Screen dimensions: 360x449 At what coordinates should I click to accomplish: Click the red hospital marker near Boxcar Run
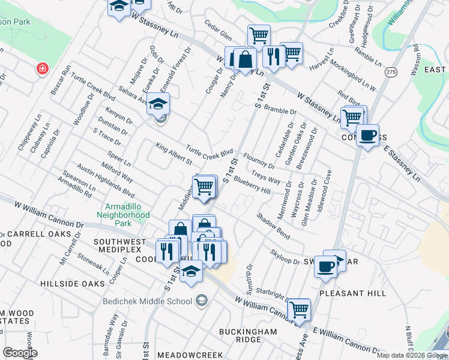point(42,68)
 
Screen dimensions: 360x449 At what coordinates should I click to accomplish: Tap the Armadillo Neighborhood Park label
point(124,214)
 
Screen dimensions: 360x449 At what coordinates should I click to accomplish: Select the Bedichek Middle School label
point(146,301)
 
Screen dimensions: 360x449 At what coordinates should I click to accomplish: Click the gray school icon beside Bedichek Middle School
point(202,301)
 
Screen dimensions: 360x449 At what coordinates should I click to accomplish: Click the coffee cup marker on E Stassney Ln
point(367,135)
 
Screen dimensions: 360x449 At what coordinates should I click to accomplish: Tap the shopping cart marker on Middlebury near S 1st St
point(204,186)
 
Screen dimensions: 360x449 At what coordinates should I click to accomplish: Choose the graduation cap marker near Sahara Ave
point(158,103)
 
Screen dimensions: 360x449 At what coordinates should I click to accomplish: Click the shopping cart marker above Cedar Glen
point(258,35)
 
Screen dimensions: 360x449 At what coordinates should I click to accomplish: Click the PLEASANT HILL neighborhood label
point(353,293)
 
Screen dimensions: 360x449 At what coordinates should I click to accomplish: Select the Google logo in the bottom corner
point(20,352)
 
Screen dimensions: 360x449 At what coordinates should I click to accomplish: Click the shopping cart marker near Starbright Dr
point(298,309)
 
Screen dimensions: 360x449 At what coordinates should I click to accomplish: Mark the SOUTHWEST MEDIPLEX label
point(120,246)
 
